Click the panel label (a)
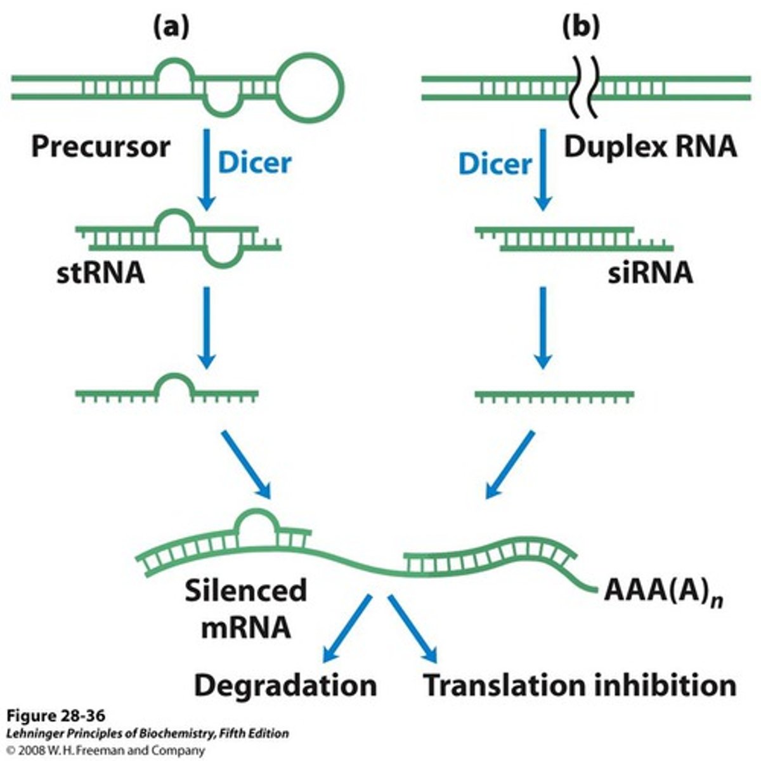point(171,27)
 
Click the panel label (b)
point(581,27)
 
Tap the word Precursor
point(101,146)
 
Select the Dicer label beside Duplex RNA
point(495,164)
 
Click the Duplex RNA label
point(649,147)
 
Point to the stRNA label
point(100,273)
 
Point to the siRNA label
point(649,273)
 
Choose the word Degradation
point(285,686)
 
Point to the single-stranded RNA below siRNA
point(554,395)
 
